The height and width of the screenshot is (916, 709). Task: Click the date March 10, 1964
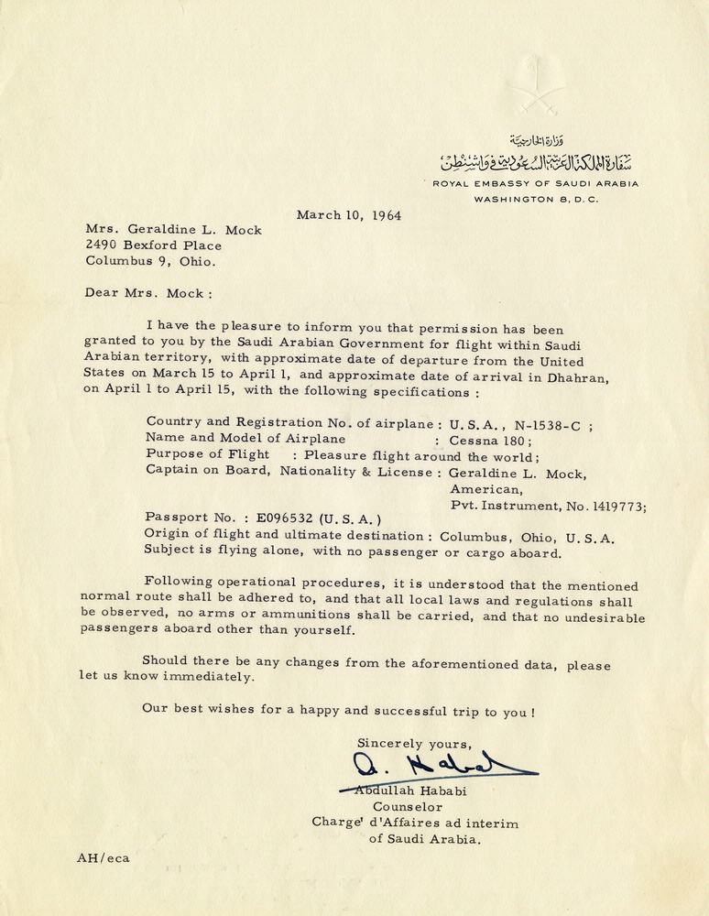coord(348,216)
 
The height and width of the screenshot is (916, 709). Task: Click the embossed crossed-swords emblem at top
coord(537,82)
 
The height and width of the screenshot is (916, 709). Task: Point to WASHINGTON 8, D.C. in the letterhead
coord(536,199)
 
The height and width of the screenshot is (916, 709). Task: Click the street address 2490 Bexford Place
coord(153,245)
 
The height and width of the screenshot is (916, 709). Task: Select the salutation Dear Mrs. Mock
coord(148,294)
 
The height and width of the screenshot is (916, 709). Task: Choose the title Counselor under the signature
coord(408,807)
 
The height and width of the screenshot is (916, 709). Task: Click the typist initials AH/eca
coord(103,858)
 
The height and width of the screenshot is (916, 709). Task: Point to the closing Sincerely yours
coord(415,743)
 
